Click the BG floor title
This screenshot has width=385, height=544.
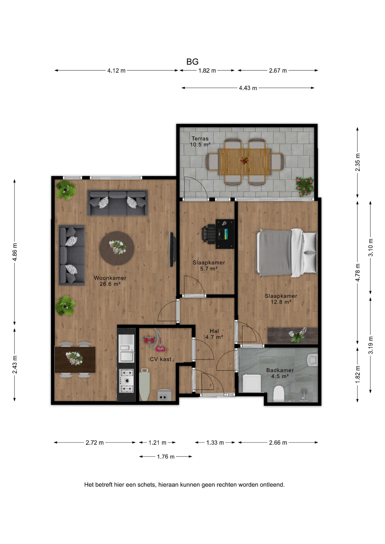192,62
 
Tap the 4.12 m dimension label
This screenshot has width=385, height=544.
116,71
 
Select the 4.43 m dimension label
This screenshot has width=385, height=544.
248,88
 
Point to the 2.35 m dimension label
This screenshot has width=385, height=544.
357,162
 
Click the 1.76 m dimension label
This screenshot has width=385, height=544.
166,456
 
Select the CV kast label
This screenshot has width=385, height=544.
160,359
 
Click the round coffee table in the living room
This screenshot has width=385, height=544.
117,248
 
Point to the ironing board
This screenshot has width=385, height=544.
144,384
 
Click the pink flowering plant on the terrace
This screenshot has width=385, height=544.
304,186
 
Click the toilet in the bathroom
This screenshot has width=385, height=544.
278,394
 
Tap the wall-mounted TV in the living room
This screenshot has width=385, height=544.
172,249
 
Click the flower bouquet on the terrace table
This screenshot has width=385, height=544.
245,161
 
